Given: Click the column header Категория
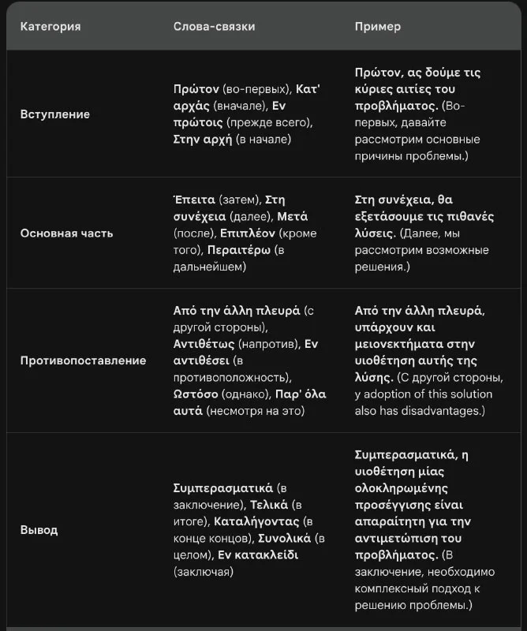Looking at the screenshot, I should pyautogui.click(x=50, y=27).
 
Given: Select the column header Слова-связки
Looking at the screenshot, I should pyautogui.click(x=214, y=27).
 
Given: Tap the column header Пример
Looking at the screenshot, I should pyautogui.click(x=378, y=27).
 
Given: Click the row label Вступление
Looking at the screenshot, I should pyautogui.click(x=54, y=114).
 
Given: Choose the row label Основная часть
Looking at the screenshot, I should pyautogui.click(x=66, y=233).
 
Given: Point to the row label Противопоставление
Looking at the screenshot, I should pyautogui.click(x=83, y=360).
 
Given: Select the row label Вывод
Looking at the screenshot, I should pyautogui.click(x=39, y=530).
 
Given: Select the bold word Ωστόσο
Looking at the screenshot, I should pyautogui.click(x=197, y=394).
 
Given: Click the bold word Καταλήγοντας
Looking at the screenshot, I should pyautogui.click(x=256, y=521).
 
